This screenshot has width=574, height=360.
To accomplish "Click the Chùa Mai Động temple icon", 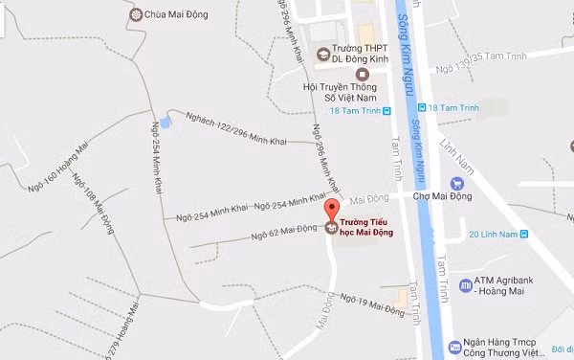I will [x=134, y=14].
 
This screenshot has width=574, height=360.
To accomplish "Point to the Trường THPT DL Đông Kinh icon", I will [x=323, y=53].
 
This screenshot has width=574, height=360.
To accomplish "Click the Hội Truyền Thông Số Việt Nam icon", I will [x=361, y=74].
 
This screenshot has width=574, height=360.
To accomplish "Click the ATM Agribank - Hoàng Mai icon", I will [x=465, y=283].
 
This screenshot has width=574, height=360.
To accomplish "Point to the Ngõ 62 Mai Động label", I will [x=284, y=232].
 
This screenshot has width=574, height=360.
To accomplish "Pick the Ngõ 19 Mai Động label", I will [x=373, y=305].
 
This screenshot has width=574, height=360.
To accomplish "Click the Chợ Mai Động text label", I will [x=412, y=197].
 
